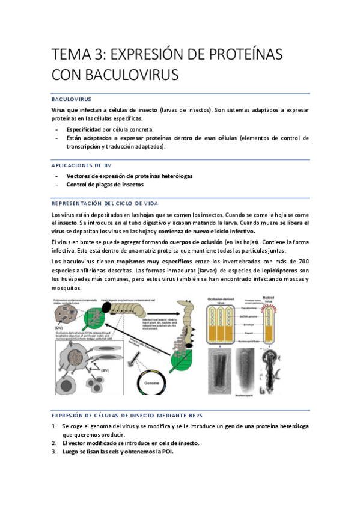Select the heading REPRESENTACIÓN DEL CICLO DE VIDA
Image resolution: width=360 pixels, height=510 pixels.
pos(105,204)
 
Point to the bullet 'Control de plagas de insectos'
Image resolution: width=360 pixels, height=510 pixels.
pos(105,185)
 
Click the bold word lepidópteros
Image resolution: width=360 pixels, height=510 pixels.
pos(276,271)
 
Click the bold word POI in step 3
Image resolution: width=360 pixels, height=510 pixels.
pos(166,452)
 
